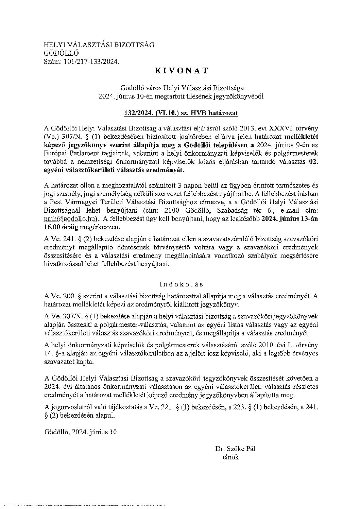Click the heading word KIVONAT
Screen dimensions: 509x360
tap(181, 71)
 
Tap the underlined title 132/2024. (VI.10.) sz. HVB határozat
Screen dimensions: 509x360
tap(181, 113)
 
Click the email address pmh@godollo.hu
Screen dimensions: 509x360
tap(70, 218)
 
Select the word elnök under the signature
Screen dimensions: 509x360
tap(230, 457)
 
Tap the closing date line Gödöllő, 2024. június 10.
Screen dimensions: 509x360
tap(82, 432)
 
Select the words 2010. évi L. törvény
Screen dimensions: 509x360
tap(290, 346)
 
